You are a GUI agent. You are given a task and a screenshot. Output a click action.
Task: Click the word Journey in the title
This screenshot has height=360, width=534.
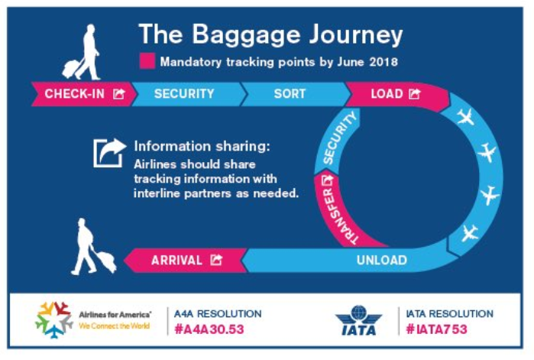point(356,35)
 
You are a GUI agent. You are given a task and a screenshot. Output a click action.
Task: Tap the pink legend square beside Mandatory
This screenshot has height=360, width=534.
point(147,61)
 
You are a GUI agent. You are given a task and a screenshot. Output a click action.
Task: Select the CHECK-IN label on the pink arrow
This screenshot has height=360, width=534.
point(75,94)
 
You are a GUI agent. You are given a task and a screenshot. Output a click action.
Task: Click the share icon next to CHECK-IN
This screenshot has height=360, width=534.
point(119,93)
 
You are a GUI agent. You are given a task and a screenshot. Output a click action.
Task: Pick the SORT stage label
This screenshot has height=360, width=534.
point(290,94)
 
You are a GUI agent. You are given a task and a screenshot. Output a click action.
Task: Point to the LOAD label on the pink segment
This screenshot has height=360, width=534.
point(387,94)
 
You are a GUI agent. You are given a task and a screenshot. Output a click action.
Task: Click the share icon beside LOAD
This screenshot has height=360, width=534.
point(415,93)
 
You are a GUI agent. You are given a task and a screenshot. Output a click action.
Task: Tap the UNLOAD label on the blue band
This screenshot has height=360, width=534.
point(382,260)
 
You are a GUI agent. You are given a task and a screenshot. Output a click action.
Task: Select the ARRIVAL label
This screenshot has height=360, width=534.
point(176,261)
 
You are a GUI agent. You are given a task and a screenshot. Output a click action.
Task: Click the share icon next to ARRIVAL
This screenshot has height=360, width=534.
point(216,260)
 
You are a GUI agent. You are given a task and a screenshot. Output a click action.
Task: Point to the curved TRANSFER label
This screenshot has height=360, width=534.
point(338,216)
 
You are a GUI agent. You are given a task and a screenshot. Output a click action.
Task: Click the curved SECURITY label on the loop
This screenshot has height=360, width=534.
point(339,138)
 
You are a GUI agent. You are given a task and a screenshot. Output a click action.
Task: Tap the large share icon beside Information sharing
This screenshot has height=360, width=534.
point(109,153)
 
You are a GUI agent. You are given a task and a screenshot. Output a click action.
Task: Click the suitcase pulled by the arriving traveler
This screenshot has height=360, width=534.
point(106,261)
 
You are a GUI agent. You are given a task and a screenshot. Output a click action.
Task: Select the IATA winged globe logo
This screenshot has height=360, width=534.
point(358,320)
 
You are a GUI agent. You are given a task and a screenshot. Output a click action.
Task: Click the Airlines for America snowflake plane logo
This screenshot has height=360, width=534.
point(54,319)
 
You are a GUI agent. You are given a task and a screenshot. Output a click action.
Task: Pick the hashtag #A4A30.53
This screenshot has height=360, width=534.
point(209,329)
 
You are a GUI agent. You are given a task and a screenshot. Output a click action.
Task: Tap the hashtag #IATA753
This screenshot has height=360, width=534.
point(437,329)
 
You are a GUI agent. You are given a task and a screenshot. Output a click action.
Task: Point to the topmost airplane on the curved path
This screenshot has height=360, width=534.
point(465,117)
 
